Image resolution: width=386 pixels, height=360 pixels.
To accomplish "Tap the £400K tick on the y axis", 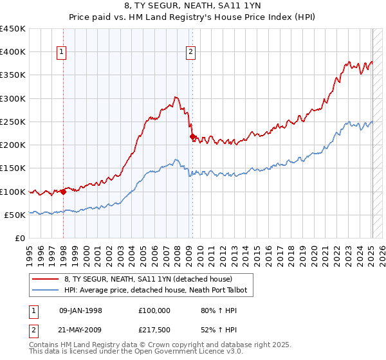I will pos(13,52).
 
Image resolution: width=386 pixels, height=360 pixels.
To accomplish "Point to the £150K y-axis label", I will pos(13,168).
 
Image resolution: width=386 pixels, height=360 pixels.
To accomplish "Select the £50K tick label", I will pos(15,215).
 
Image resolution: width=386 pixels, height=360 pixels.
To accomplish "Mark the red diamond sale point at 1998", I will pos(64,191).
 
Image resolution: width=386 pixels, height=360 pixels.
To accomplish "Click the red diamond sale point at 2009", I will pos(192,137).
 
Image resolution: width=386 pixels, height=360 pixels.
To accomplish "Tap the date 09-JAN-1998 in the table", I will pos(80,310).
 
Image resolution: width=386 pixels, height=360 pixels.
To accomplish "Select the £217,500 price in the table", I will pos(154,330).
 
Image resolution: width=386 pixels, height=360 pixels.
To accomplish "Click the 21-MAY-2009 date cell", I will pos(81,330).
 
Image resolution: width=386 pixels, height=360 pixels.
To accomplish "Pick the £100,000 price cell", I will pos(154,310).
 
